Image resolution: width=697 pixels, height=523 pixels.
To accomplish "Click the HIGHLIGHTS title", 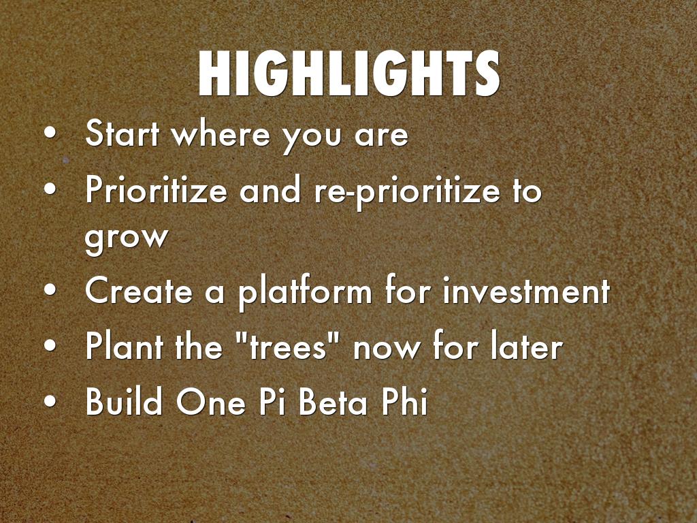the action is (x=349, y=74).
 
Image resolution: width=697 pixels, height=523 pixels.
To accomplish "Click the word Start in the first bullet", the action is (x=122, y=133).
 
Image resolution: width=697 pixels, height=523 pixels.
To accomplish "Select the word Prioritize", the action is (x=157, y=189).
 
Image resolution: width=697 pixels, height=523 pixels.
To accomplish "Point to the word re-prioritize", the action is (x=407, y=192).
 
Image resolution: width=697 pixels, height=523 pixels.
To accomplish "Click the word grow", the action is (x=127, y=237).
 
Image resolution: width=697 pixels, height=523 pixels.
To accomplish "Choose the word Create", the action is (x=139, y=290).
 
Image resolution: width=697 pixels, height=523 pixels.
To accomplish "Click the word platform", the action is (x=305, y=292).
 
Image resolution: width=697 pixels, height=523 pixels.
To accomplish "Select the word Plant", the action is (x=125, y=345).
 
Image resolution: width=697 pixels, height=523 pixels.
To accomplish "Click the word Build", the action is (x=124, y=400).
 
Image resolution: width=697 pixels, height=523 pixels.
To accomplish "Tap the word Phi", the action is (x=403, y=400).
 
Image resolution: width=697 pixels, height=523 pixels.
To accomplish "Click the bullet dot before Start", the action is (x=50, y=133).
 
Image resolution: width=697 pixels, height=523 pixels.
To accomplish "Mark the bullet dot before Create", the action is (x=50, y=290).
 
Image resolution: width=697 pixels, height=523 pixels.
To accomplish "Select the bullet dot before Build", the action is (x=50, y=400).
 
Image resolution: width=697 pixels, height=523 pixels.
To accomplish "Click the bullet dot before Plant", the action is (x=50, y=345).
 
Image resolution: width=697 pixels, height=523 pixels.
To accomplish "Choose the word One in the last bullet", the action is (x=211, y=400).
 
